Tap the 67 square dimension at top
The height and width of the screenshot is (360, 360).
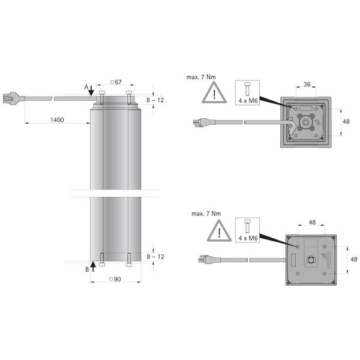click(116, 81)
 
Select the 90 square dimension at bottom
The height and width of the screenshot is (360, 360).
click(116, 279)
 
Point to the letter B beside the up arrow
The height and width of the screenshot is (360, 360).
click(86, 270)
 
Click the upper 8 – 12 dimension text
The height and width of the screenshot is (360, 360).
click(155, 100)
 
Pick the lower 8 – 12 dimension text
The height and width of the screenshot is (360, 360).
click(155, 256)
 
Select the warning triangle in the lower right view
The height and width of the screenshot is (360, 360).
click(220, 232)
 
